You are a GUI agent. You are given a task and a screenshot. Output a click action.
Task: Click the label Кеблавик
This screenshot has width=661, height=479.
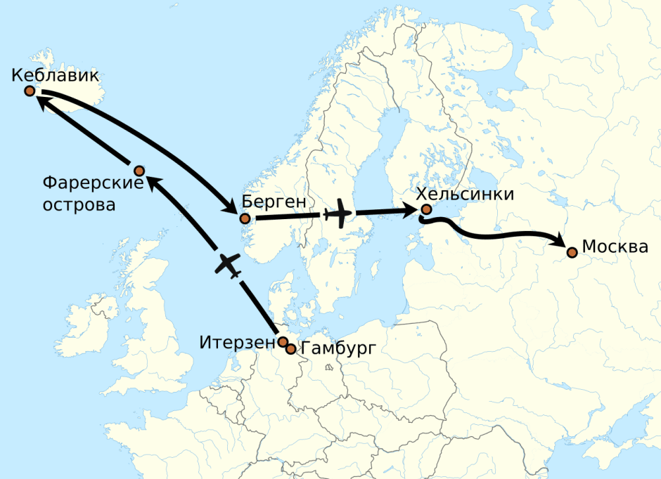click(x=55, y=76)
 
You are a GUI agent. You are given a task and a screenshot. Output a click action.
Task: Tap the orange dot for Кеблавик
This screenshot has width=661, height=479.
click(x=30, y=91)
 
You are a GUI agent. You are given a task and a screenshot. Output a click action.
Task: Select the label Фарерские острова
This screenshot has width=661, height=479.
click(x=93, y=194)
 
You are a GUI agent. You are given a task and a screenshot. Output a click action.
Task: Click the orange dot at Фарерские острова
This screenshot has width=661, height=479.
click(x=139, y=171)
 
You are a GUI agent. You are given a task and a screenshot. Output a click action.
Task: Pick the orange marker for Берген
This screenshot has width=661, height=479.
click(x=245, y=218)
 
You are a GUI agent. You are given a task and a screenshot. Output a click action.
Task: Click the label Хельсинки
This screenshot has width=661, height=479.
click(x=465, y=195)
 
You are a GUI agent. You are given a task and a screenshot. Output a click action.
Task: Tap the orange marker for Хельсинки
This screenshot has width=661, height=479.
click(x=425, y=209)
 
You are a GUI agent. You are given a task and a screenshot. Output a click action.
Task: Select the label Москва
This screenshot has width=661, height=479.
click(x=615, y=247)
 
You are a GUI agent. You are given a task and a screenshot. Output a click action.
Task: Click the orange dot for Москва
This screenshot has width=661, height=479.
click(x=572, y=252)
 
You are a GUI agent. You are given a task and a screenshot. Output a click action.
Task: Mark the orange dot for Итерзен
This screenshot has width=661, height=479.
click(x=283, y=342)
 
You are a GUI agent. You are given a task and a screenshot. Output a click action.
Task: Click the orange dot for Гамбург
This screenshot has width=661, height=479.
click(x=290, y=348)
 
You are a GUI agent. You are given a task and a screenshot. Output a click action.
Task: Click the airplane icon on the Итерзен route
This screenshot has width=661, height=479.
click(x=227, y=265)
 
